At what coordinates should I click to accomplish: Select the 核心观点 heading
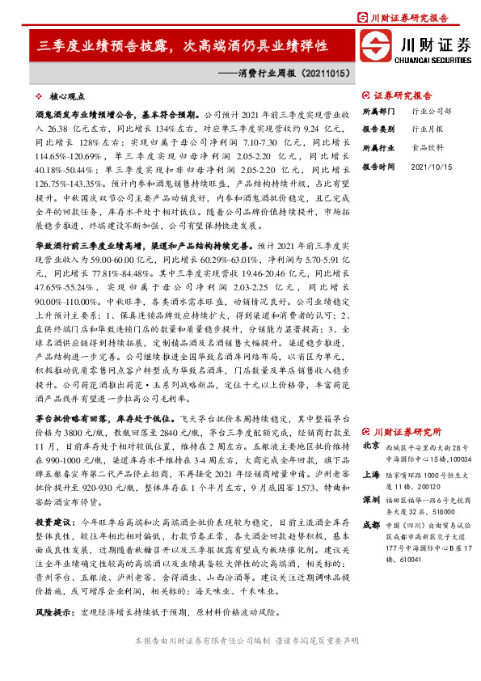[x=65, y=95]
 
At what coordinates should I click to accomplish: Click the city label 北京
[x=371, y=446]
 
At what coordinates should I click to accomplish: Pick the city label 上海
[x=371, y=476]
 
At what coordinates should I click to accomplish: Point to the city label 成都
[x=371, y=524]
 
